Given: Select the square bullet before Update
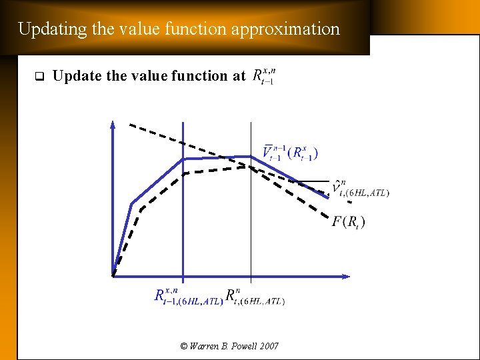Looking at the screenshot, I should click(x=38, y=76).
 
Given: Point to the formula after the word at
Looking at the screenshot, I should click(x=263, y=77).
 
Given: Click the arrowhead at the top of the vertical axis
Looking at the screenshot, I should click(x=113, y=125).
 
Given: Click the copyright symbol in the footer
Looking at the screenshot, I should click(x=185, y=346).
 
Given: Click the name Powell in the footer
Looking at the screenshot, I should click(x=239, y=346).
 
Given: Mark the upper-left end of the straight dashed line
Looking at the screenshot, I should click(x=131, y=125).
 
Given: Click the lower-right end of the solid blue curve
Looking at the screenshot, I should click(x=328, y=197).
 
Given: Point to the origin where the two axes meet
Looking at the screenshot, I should click(x=113, y=275).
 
